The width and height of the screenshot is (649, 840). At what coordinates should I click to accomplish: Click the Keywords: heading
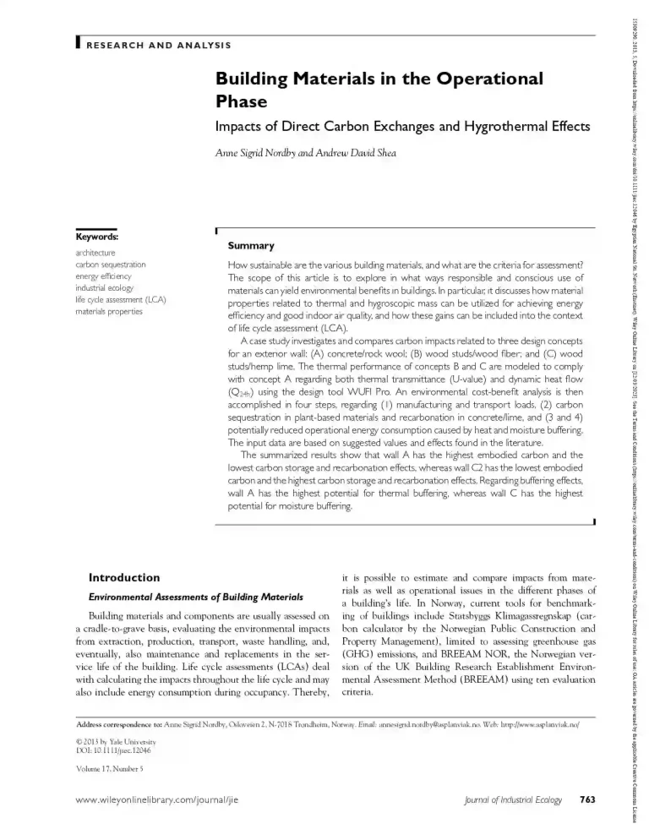point(96,237)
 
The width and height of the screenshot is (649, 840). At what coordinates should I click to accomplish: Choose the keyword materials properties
point(109,311)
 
